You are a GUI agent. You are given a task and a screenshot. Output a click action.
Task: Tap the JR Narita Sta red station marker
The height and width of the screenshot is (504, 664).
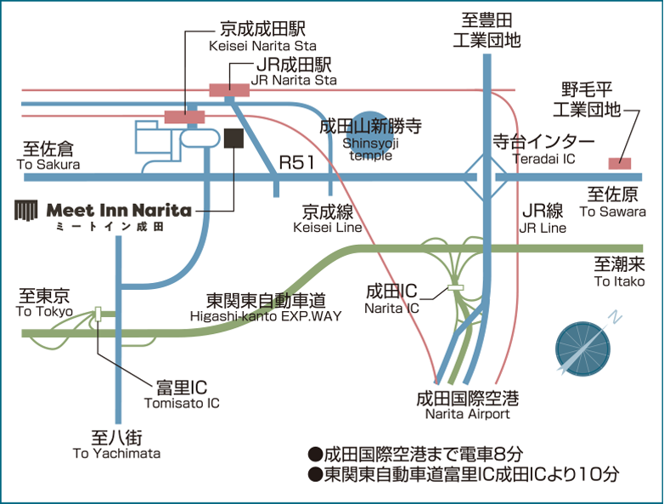[230, 88]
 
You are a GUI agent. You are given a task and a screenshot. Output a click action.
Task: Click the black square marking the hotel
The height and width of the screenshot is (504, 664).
[234, 139]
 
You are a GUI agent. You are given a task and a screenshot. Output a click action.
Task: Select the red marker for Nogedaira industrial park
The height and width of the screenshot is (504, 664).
[619, 162]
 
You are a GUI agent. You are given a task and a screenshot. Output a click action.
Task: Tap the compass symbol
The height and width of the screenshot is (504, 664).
[583, 343]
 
